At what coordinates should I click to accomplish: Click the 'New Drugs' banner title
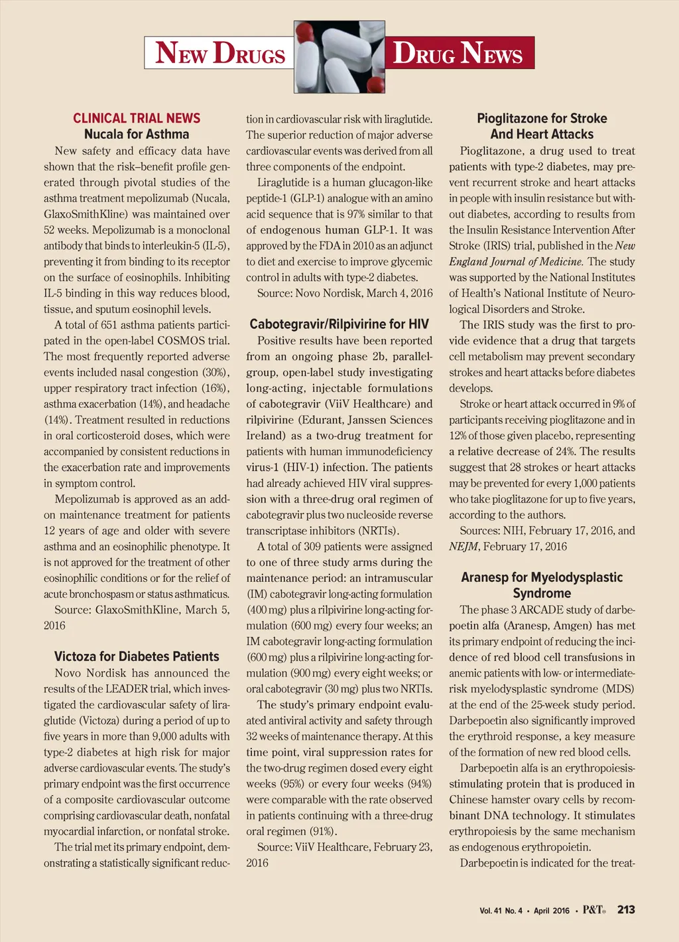coord(219,53)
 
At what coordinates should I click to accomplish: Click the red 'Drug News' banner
coord(459,53)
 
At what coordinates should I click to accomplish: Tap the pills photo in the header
coord(339,56)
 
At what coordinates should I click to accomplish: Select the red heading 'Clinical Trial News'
coord(137,118)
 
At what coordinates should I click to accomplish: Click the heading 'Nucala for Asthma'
coord(137,134)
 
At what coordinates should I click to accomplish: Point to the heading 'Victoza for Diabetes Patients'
coord(137,657)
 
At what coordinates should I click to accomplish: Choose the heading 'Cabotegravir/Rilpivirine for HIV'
coord(339,324)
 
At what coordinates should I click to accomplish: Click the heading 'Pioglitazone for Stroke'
coord(542,118)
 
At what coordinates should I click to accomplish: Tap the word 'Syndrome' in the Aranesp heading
coord(542,593)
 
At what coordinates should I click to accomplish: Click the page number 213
coord(626,909)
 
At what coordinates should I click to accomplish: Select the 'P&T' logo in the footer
coord(594,909)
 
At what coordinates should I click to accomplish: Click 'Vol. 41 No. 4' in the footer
coord(501,911)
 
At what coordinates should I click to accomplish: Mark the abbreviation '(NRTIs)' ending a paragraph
coord(379,531)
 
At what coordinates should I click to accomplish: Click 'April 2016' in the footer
coord(551,911)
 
